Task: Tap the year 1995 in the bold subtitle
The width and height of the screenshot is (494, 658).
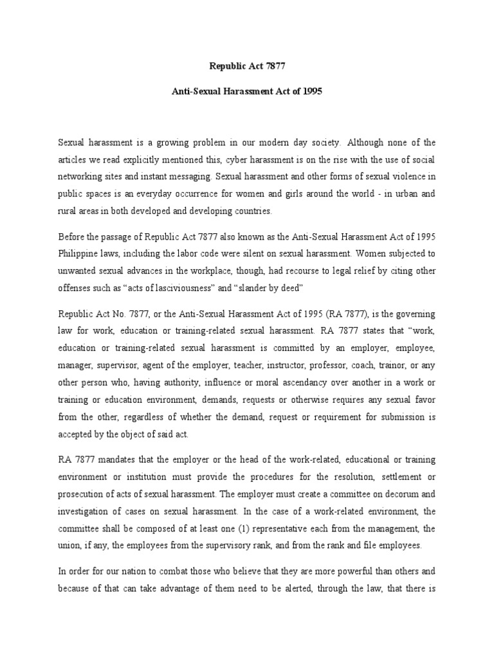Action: click(309, 91)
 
